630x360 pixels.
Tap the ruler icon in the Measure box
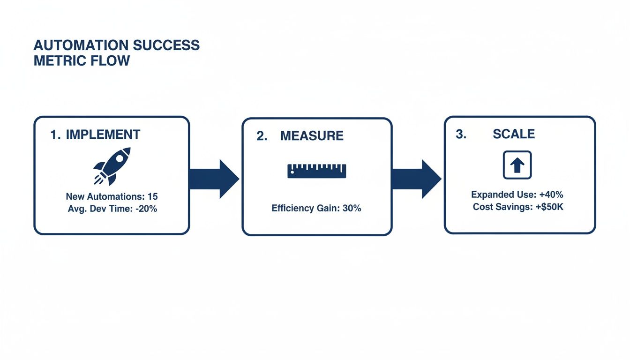316,171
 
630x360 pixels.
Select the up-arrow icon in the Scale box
517,165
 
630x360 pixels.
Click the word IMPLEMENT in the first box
103,135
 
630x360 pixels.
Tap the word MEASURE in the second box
312,136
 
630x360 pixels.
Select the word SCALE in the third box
514,134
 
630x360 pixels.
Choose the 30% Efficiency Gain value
352,208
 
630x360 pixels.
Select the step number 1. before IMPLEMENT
55,135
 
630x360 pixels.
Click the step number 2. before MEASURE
262,136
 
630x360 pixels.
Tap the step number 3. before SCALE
461,134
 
